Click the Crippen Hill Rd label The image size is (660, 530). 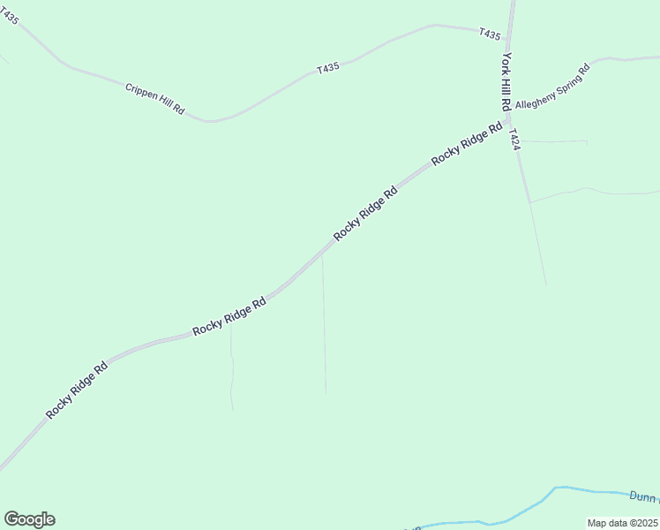click(154, 99)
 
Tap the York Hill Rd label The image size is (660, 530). click(506, 81)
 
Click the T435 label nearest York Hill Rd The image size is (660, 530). click(490, 34)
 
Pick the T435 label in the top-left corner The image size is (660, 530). click(9, 17)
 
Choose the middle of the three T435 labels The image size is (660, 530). click(328, 68)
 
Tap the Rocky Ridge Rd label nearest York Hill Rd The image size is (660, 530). click(467, 144)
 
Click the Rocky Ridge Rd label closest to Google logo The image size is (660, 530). click(77, 390)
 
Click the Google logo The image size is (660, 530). click(29, 519)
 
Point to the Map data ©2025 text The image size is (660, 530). click(622, 523)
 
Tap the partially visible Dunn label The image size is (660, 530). click(643, 496)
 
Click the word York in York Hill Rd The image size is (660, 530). click(506, 61)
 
